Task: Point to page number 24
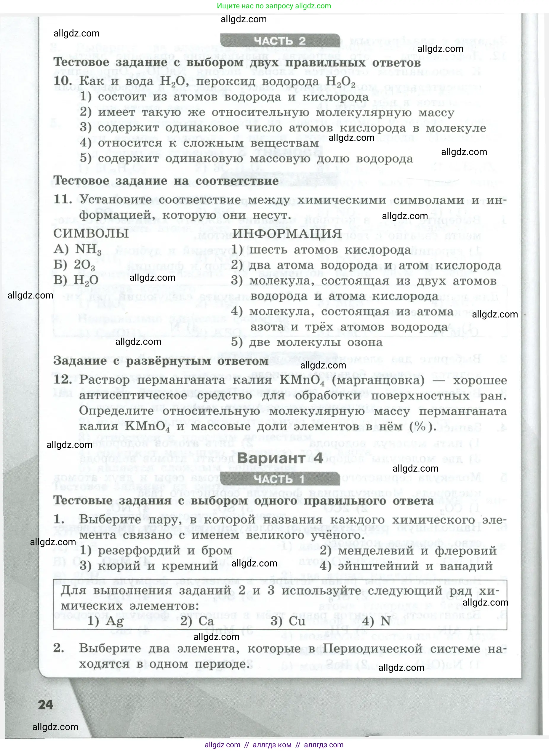point(46,705)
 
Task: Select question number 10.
point(63,81)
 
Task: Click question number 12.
point(63,380)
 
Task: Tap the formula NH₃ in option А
point(88,249)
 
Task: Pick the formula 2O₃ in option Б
point(84,265)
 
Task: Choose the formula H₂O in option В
point(86,280)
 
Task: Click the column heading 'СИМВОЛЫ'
point(91,233)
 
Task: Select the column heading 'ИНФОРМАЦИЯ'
point(287,233)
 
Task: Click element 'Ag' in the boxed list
point(115,621)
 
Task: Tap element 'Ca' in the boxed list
point(206,621)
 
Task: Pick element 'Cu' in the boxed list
point(297,621)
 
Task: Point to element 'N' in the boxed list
point(385,621)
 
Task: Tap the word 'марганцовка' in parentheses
point(378,380)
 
